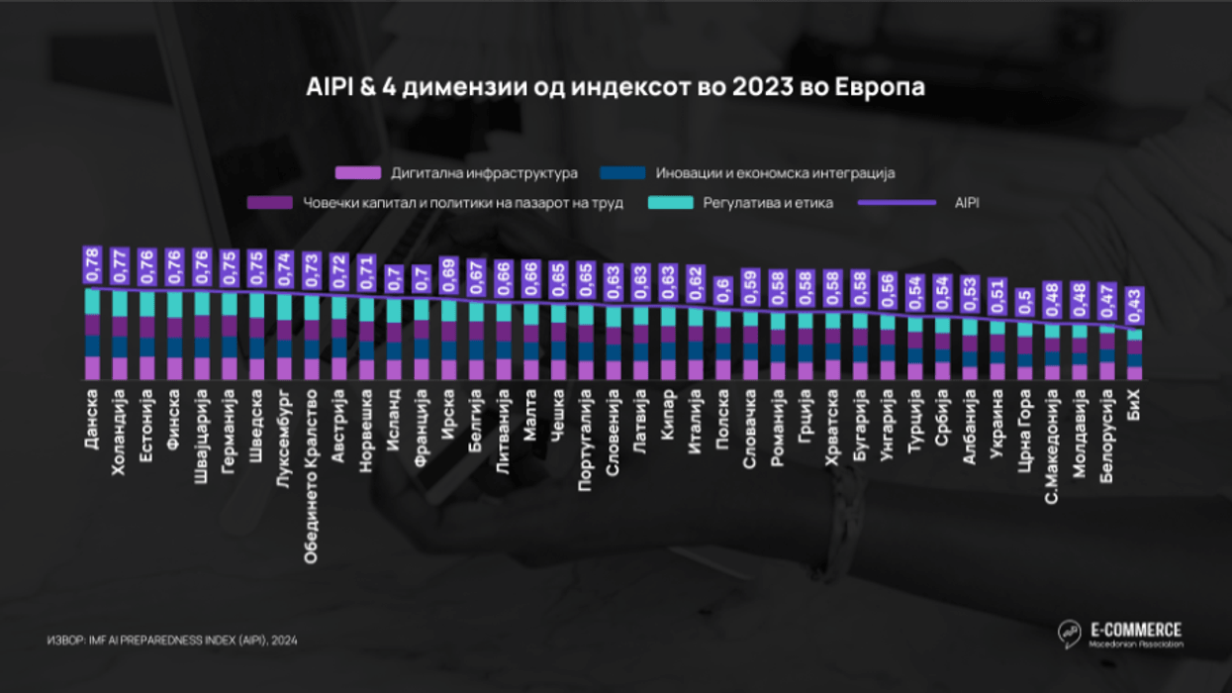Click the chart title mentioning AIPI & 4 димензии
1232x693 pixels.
click(x=615, y=87)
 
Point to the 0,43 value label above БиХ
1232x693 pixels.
click(x=1135, y=306)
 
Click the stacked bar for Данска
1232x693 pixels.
click(x=92, y=335)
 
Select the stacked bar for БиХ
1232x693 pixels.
click(x=1135, y=355)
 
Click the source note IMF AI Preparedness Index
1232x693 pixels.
click(x=172, y=641)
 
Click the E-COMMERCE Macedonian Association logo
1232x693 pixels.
click(x=1120, y=635)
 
